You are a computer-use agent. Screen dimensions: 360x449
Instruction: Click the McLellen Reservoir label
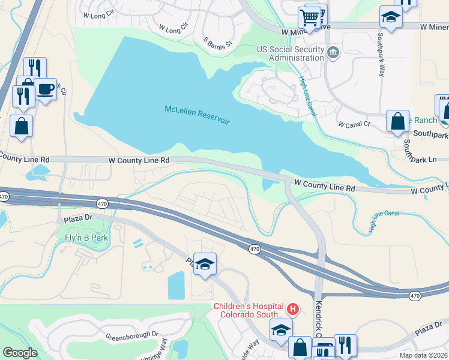(197, 114)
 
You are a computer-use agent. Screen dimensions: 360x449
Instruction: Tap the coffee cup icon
(46, 89)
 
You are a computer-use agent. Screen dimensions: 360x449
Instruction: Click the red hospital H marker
(292, 310)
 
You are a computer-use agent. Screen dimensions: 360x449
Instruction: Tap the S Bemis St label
(217, 43)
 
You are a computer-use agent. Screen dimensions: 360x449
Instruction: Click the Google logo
(20, 352)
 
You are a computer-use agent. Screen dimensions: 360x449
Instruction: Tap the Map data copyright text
(423, 356)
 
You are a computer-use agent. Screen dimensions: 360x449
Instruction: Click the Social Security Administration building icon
(333, 54)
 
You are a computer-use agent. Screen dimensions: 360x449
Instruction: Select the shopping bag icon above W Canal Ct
(397, 121)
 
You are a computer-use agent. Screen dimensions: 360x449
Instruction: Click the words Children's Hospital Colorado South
(249, 310)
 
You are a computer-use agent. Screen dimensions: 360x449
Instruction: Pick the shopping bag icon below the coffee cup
(22, 127)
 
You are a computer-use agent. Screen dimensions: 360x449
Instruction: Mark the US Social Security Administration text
(290, 54)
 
